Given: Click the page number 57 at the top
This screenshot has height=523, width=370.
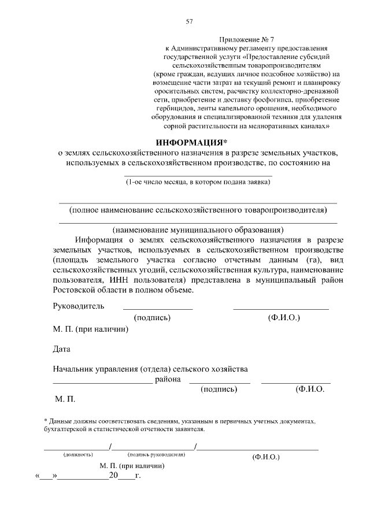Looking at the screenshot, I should pyautogui.click(x=189, y=22).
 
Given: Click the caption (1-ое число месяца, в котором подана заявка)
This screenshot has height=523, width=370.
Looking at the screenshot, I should pyautogui.click(x=198, y=183).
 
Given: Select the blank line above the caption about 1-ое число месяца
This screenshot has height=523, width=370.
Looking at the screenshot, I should pyautogui.click(x=198, y=175).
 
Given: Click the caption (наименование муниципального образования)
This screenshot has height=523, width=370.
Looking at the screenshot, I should pyautogui.click(x=198, y=229).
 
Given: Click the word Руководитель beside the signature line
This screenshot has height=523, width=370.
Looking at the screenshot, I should pyautogui.click(x=78, y=306).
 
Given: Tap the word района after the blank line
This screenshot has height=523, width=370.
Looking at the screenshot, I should pyautogui.click(x=168, y=380).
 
